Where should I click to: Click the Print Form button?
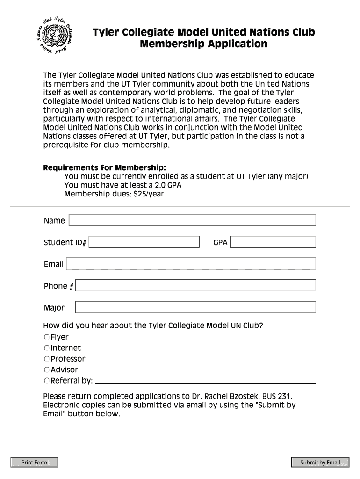click(35, 463)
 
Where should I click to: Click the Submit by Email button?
click(320, 463)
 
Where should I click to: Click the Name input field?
click(192, 220)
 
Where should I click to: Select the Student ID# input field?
click(144, 242)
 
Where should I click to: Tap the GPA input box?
click(273, 242)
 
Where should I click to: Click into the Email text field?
click(191, 264)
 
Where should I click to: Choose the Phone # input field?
click(195, 285)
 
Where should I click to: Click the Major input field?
click(195, 307)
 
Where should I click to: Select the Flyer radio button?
click(47, 337)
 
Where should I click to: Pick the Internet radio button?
click(47, 348)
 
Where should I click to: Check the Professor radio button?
click(47, 359)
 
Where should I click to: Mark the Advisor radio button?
click(47, 370)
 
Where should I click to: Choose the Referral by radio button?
click(47, 381)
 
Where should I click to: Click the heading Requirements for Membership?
click(104, 168)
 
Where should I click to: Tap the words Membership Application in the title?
click(203, 44)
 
